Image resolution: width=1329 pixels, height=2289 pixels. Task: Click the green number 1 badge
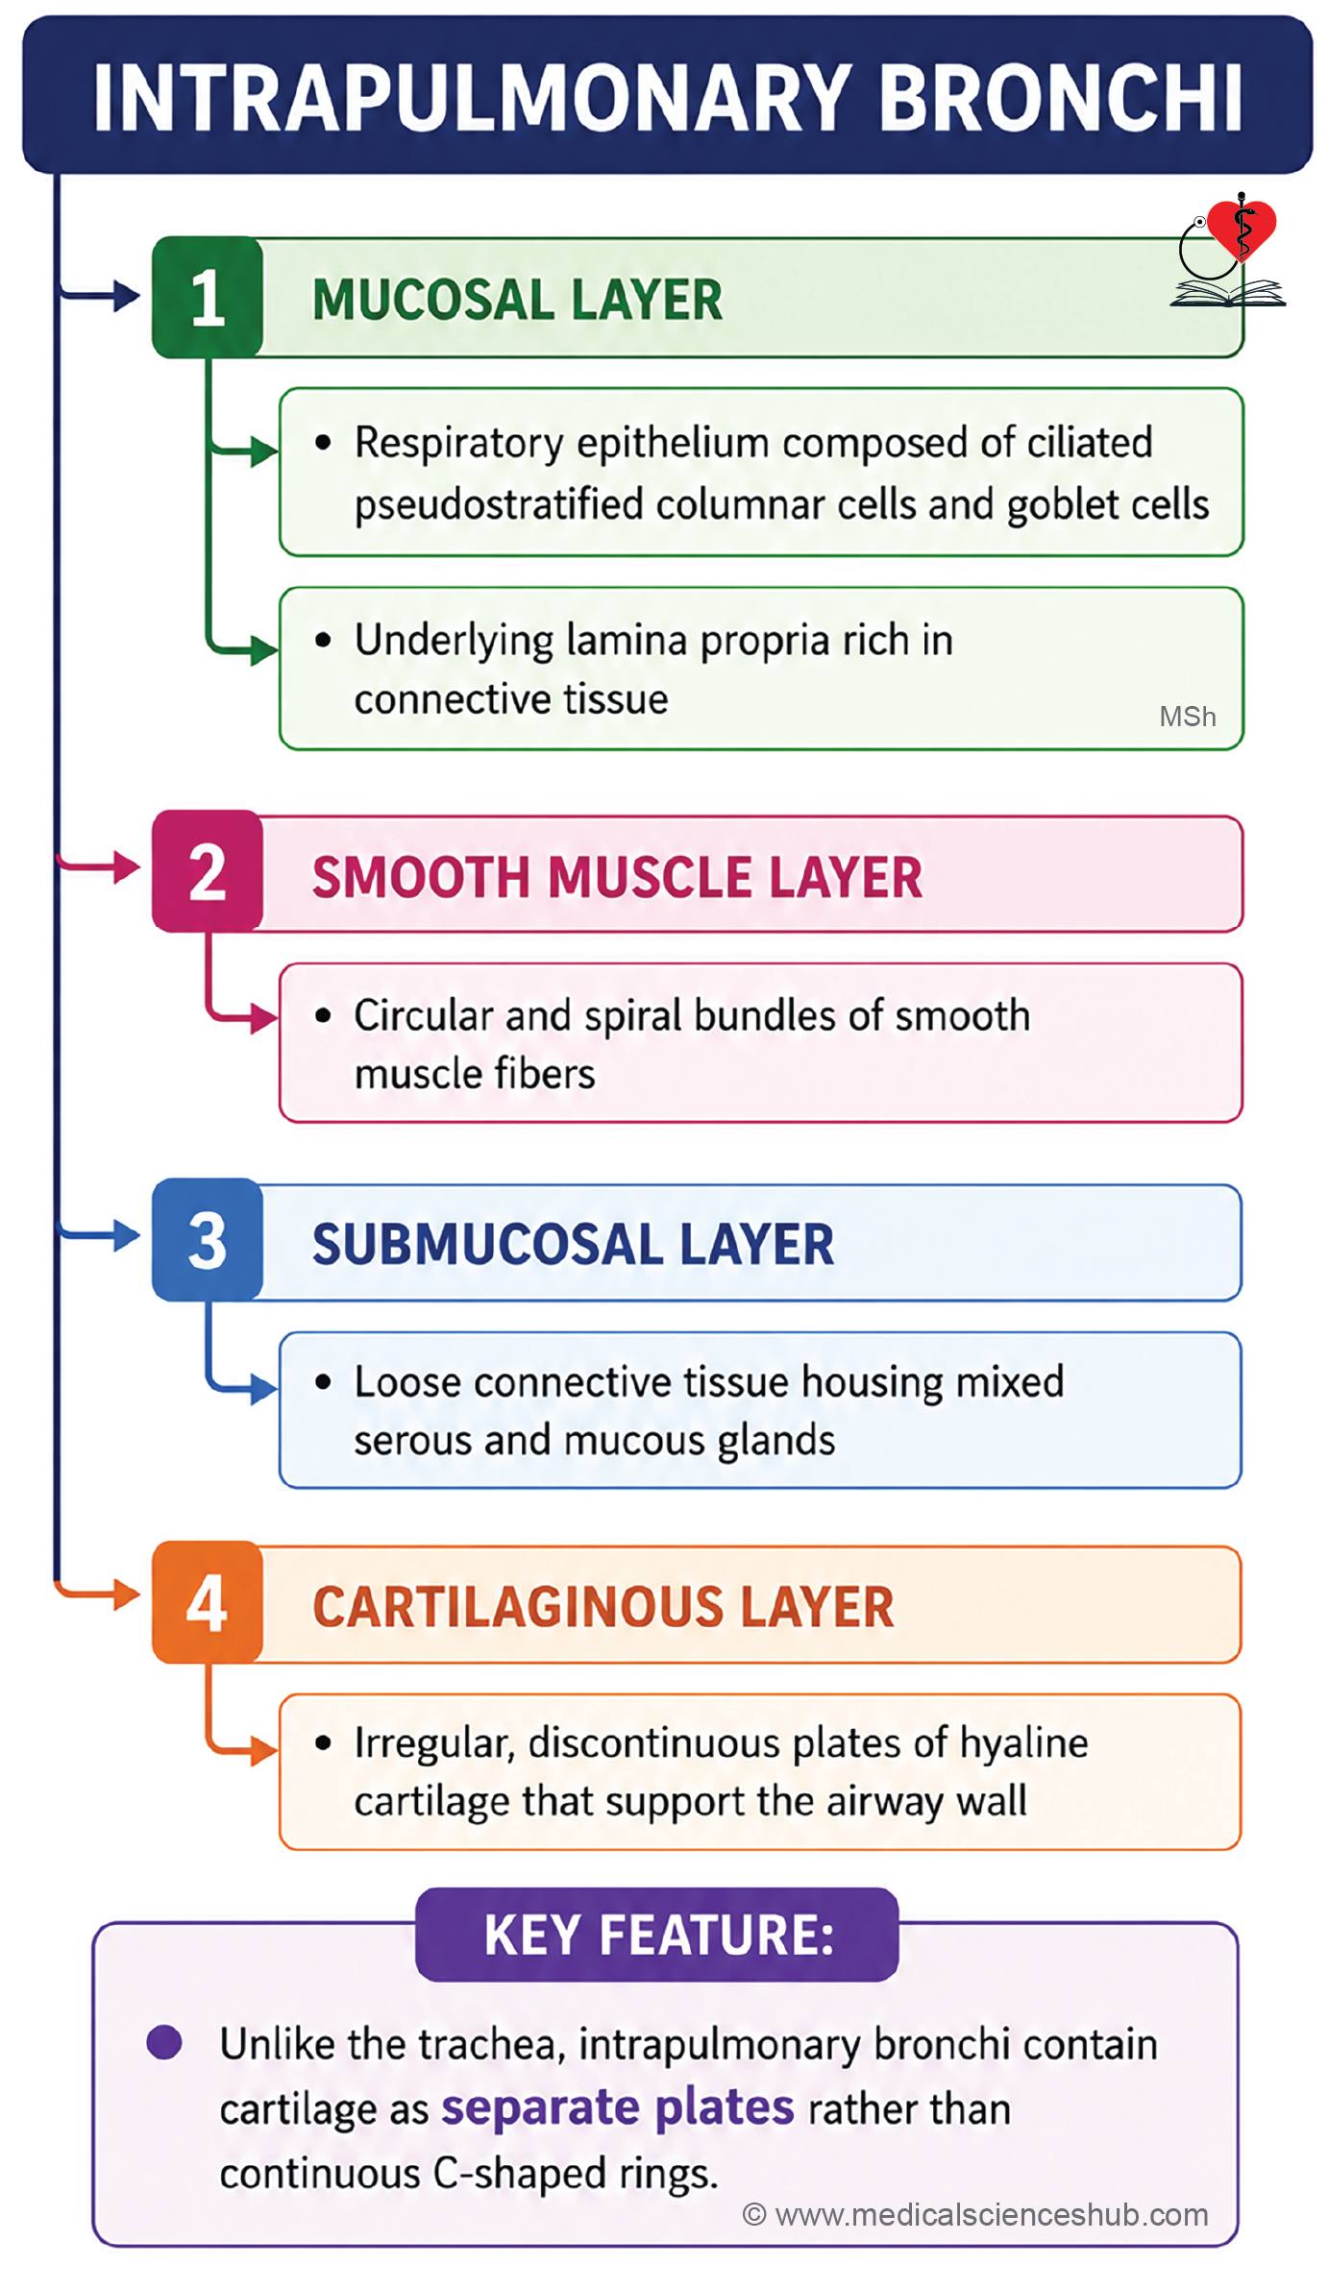tap(208, 298)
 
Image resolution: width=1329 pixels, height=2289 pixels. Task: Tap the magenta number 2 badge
tap(208, 871)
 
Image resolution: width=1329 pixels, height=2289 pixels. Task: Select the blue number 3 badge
tap(208, 1240)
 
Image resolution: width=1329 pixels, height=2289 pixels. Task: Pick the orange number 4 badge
tap(208, 1602)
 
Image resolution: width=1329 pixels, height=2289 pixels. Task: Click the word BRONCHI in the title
tap(1061, 97)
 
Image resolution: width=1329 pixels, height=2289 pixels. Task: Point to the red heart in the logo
tap(1242, 229)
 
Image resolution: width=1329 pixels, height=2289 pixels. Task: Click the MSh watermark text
tap(1188, 717)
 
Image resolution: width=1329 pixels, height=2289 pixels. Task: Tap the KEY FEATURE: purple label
tap(657, 1935)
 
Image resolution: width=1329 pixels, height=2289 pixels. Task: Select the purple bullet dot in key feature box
tap(164, 2042)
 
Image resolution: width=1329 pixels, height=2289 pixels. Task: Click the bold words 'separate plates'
tap(618, 2107)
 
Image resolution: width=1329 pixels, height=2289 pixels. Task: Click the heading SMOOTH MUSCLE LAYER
tap(618, 877)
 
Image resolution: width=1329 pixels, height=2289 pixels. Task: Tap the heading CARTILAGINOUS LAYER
tap(603, 1607)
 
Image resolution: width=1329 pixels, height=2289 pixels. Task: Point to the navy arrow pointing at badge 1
tap(99, 295)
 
